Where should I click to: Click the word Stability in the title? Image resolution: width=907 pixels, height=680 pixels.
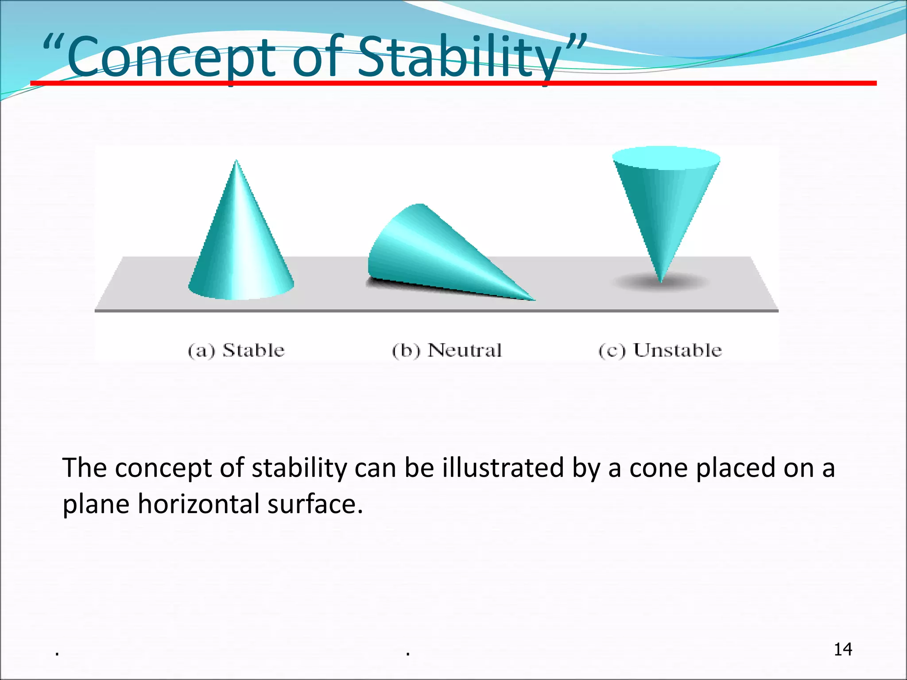(458, 57)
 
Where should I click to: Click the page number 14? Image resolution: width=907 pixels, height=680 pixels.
(843, 649)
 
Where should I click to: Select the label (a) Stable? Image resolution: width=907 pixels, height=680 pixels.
(236, 350)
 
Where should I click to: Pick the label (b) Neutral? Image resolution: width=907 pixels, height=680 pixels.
(446, 350)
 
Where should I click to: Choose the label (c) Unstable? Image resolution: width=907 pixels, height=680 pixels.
(660, 350)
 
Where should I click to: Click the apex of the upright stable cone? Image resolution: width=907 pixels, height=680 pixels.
(236, 162)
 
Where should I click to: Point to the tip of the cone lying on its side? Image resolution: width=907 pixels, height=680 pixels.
(533, 299)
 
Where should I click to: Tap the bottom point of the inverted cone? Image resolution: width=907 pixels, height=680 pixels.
(660, 281)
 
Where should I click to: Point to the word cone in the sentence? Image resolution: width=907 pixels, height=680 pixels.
(658, 468)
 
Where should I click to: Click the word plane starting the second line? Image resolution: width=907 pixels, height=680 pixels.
(96, 504)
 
